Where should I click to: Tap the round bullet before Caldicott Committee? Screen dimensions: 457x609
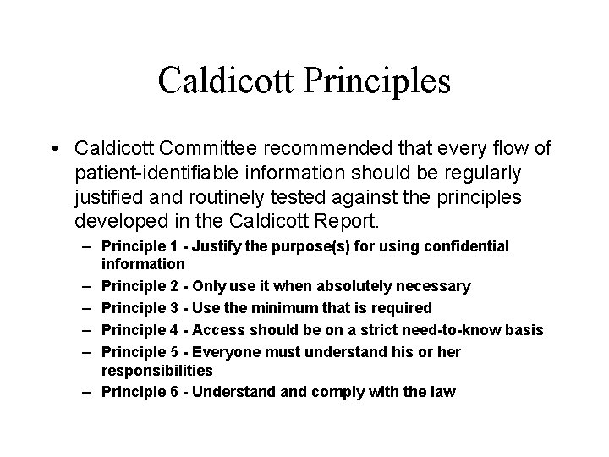[x=53, y=149]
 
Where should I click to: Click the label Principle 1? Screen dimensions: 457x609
[x=143, y=246]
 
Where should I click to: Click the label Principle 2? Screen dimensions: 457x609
[x=143, y=287]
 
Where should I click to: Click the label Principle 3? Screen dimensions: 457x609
[x=143, y=307]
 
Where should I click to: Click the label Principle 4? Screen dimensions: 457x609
[x=143, y=328]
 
